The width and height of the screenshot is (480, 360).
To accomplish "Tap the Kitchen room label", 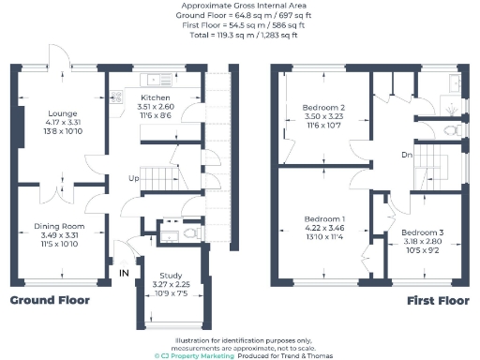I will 155,97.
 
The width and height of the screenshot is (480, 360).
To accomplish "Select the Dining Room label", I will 60,226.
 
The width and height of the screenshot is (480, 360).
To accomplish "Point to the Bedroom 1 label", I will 324,217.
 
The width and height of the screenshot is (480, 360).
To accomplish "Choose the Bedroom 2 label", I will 323,108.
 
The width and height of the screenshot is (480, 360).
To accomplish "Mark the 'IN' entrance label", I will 124,273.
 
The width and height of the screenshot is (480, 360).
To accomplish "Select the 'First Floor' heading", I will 438,301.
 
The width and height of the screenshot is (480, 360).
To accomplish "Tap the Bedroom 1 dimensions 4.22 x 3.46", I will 324,227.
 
